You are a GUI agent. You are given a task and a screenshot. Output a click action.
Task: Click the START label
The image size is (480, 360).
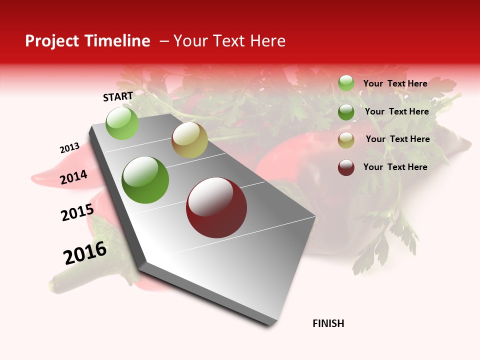click(x=118, y=96)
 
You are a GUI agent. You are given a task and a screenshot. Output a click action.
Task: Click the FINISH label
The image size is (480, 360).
click(x=328, y=323)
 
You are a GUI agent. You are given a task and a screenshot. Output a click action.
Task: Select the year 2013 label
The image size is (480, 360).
click(x=69, y=148)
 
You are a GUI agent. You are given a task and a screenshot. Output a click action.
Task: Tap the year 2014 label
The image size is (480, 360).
click(x=73, y=177)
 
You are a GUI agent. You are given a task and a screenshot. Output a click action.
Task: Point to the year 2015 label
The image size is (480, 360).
click(x=77, y=212)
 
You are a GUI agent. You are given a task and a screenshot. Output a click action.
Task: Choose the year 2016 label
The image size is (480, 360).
click(x=85, y=253)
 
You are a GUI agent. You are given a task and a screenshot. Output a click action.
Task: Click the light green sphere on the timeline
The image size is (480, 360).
click(x=122, y=123)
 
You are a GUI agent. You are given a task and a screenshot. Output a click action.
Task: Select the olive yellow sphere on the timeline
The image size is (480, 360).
click(x=189, y=140)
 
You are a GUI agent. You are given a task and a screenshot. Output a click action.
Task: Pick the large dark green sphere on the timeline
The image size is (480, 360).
click(x=145, y=180)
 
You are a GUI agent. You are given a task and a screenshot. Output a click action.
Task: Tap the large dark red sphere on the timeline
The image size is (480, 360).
click(x=216, y=207)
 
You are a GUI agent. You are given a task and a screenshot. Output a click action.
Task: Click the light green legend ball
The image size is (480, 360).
click(x=346, y=83)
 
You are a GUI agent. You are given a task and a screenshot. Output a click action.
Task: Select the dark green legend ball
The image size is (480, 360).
click(x=346, y=112)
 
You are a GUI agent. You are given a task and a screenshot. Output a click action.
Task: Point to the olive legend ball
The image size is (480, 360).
click(x=346, y=140)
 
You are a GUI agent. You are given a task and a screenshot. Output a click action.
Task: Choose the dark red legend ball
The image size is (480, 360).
click(x=346, y=167)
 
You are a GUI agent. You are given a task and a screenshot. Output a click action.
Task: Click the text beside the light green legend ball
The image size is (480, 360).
click(x=395, y=83)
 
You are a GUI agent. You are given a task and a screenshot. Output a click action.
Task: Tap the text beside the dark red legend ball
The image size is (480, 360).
click(x=395, y=167)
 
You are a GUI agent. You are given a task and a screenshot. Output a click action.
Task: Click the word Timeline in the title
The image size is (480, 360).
click(x=117, y=41)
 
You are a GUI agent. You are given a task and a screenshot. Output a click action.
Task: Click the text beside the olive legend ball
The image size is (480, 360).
click(x=397, y=139)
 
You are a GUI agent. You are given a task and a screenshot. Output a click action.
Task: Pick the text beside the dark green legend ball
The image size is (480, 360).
click(x=396, y=111)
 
